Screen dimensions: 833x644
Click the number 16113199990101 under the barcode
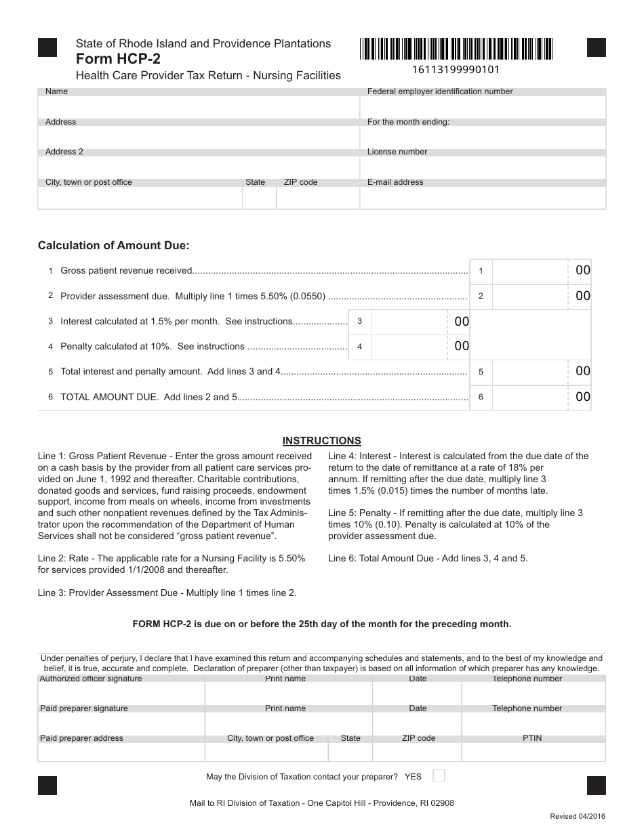click(x=456, y=69)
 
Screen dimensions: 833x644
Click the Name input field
click(x=199, y=107)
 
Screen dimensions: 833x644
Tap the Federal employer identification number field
click(x=483, y=107)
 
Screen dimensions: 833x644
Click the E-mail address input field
click(x=483, y=198)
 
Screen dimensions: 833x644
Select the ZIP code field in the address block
click(x=318, y=198)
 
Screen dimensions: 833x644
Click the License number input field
click(x=483, y=167)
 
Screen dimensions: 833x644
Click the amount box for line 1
click(x=529, y=271)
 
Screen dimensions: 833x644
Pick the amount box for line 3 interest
click(x=409, y=322)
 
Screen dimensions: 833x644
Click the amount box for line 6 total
click(x=529, y=398)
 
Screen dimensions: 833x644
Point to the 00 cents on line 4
click(x=462, y=347)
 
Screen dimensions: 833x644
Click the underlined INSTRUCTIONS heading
click(x=321, y=441)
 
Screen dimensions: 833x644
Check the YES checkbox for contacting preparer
click(x=439, y=775)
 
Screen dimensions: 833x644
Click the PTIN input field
click(x=533, y=752)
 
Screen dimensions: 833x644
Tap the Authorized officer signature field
click(x=121, y=693)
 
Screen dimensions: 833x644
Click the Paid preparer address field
click(x=121, y=752)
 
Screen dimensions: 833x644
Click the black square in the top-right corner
click(x=596, y=47)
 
